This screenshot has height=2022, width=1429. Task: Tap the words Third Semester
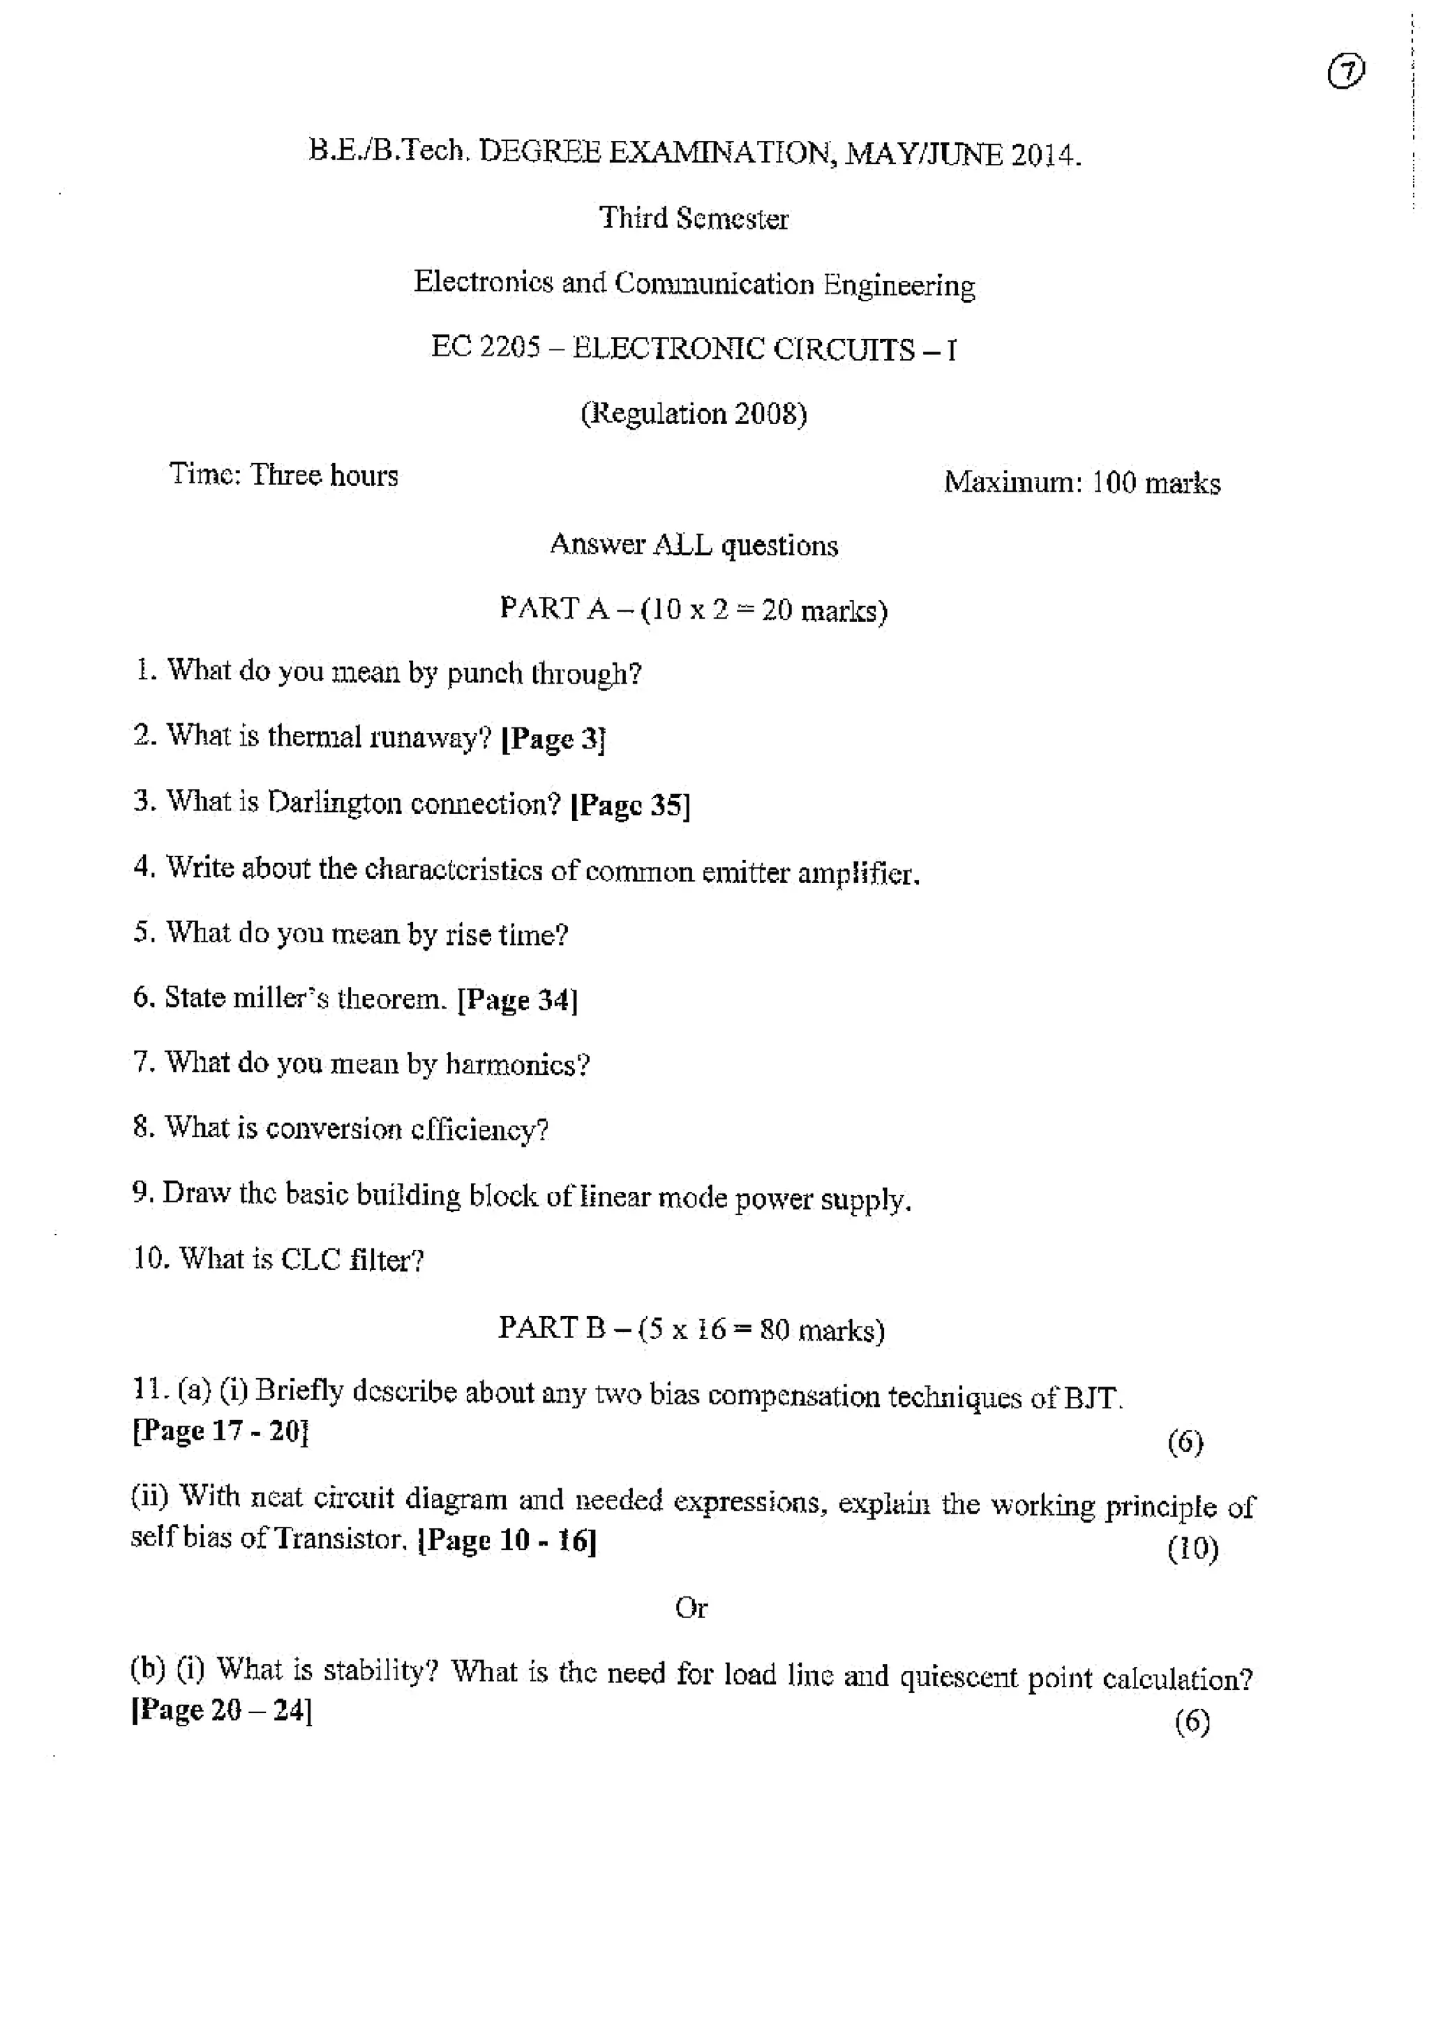(694, 218)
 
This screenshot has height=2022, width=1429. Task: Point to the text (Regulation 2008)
(694, 413)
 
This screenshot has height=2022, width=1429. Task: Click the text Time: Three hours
(284, 475)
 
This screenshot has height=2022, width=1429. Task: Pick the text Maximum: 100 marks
(1082, 483)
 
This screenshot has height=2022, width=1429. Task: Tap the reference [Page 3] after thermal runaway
(553, 738)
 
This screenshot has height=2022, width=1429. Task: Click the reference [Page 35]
(631, 805)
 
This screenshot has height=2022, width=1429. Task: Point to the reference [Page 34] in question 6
(518, 999)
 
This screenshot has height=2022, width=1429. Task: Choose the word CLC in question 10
(310, 1260)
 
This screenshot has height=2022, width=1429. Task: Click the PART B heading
(691, 1328)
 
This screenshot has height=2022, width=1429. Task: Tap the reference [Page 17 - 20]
(220, 1431)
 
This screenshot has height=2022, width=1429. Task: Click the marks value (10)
(1193, 1548)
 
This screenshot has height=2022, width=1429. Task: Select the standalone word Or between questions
(691, 1608)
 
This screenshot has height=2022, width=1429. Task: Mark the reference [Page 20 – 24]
(222, 1710)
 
